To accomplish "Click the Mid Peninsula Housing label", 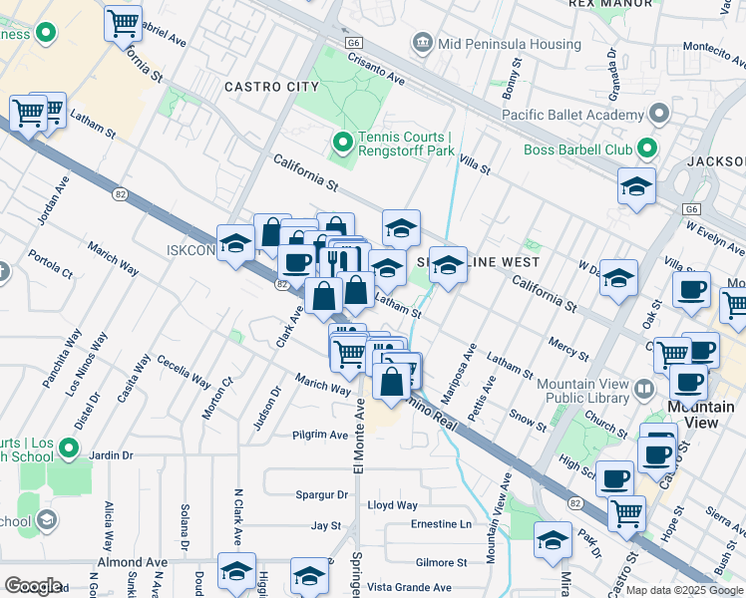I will [x=508, y=45].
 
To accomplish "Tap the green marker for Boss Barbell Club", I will [x=647, y=150].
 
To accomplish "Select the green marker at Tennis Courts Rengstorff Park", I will [x=343, y=144].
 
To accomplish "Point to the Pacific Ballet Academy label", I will [x=573, y=116].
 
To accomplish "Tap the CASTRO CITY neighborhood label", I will [x=272, y=88].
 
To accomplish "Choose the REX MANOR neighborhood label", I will [x=609, y=4].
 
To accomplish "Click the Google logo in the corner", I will [x=33, y=585].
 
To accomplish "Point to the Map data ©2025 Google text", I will [x=685, y=590].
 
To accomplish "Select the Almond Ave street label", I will [x=133, y=563].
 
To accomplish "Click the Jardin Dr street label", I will [x=111, y=455].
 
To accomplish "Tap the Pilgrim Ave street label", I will [x=320, y=435].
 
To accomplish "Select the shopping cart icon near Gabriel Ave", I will [x=123, y=22].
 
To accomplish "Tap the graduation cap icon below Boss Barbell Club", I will [x=636, y=186].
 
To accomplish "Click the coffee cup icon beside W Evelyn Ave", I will [x=691, y=290].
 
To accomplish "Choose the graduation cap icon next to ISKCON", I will [x=235, y=243].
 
